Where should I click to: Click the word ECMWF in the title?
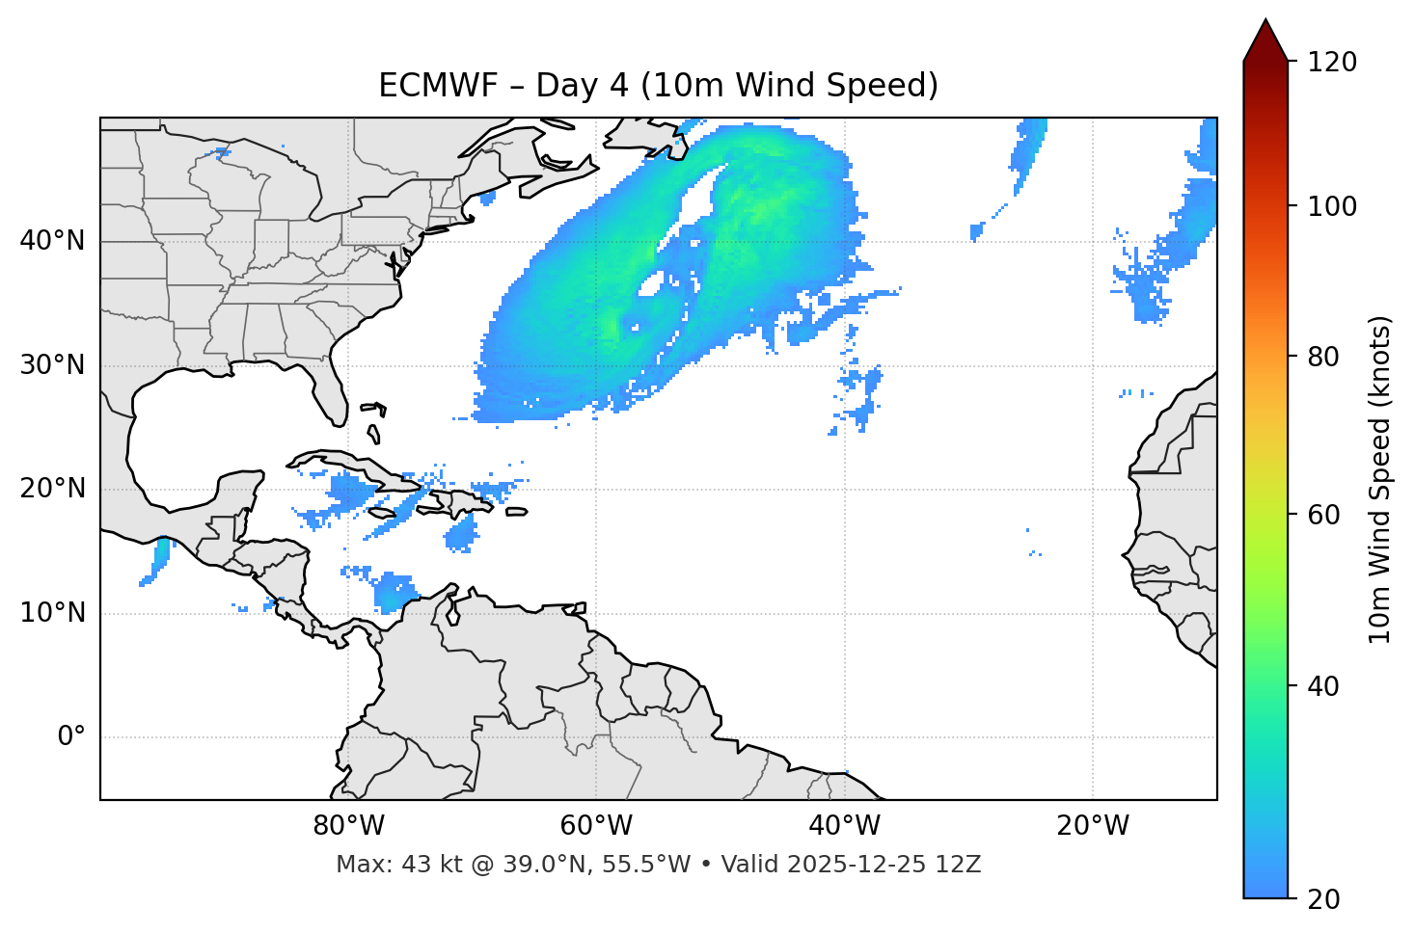tap(421, 86)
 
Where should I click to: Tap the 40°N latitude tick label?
tap(52, 241)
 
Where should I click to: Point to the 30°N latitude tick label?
tap(52, 365)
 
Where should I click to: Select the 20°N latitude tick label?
tap(52, 489)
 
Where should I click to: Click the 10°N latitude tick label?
tap(52, 613)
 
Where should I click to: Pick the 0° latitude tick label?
tap(71, 737)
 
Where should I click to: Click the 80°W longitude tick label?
tap(348, 826)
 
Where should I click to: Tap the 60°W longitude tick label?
tap(596, 826)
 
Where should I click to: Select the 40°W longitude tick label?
tap(844, 826)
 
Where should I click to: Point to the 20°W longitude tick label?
tap(1092, 826)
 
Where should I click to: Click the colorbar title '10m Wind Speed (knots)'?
tap(1380, 479)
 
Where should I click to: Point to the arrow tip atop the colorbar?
tap(1265, 21)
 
